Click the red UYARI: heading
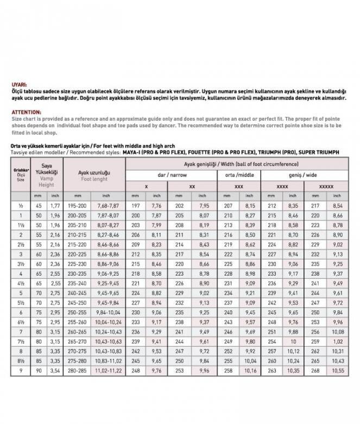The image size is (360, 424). coord(19,85)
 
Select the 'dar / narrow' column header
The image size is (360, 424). coord(170,174)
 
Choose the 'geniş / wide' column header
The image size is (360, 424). coord(303,174)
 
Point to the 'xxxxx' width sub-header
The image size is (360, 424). coord(326,186)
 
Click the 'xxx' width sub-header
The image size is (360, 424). coord(238,186)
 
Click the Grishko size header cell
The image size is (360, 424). coord(21,175)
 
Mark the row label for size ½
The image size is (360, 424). coord(21,205)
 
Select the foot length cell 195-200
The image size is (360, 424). coord(78,205)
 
